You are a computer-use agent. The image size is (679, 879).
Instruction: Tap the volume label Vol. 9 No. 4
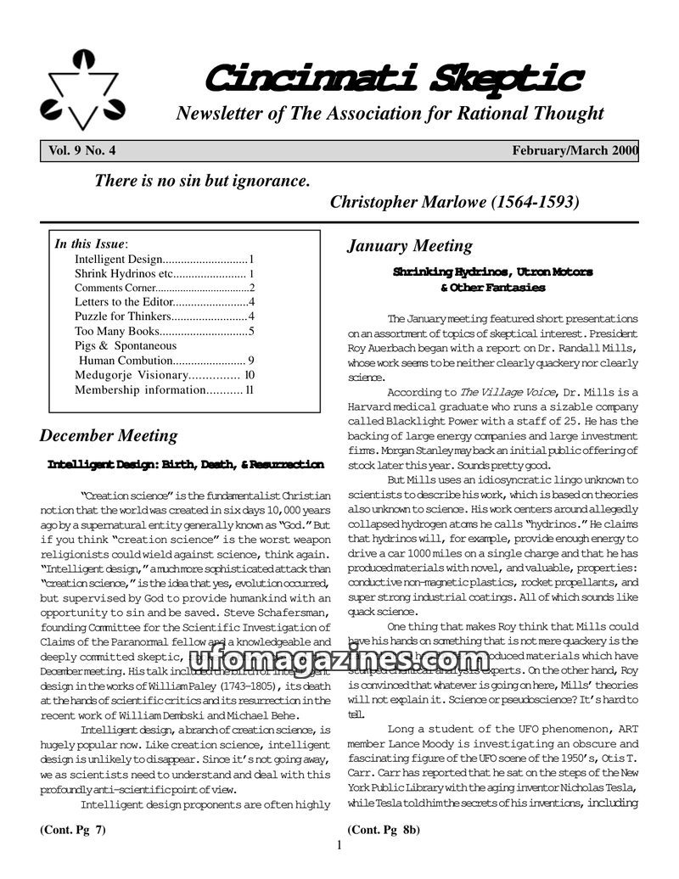tap(82, 151)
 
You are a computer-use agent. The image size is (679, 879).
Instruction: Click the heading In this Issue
tap(90, 244)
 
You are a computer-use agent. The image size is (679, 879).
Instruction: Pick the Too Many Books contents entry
tap(118, 331)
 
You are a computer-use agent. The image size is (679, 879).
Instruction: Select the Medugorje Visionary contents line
tap(131, 375)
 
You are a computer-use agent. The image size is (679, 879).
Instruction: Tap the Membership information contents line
tap(140, 390)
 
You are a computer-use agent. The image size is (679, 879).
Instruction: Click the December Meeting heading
tap(109, 436)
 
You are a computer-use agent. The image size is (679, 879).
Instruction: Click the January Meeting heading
tap(410, 246)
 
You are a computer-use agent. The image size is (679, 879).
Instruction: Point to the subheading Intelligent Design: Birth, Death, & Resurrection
tap(185, 465)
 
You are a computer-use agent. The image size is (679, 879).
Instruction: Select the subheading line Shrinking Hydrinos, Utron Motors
tap(492, 272)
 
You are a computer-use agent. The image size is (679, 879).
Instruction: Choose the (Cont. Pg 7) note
tap(73, 830)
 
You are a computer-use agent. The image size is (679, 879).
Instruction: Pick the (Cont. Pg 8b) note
tap(384, 830)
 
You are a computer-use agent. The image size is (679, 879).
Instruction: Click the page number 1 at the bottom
tap(339, 845)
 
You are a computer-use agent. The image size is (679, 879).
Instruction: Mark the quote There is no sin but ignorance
tap(202, 181)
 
